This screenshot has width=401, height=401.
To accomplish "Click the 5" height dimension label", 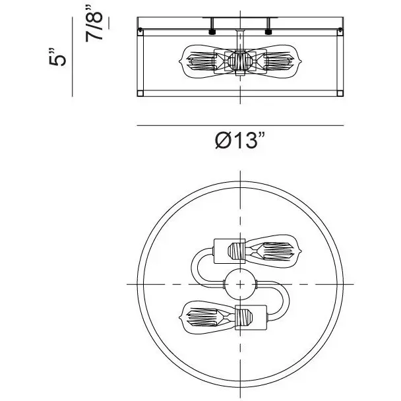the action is [57, 57].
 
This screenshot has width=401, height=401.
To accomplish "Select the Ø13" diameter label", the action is [239, 140].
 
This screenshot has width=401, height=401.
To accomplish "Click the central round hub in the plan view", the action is [240, 284].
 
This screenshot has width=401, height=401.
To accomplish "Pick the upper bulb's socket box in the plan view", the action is [230, 251].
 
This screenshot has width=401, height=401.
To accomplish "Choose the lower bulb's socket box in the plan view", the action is [251, 318].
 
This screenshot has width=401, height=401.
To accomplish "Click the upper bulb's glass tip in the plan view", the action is [300, 251].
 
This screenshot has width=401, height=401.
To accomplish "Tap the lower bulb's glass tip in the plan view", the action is [181, 318].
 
